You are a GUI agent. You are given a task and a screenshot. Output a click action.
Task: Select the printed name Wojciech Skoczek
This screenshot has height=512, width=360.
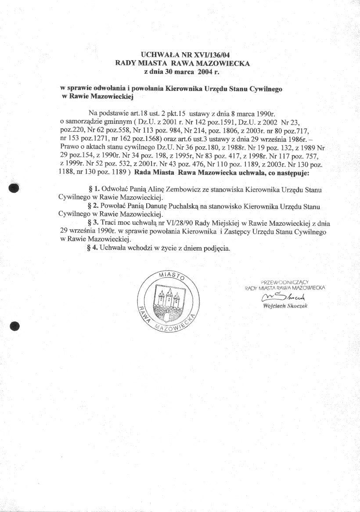point(285,306)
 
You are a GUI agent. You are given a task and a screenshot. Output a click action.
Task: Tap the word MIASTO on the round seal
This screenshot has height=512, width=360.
point(170,276)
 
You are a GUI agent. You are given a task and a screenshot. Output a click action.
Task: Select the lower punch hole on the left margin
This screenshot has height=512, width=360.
point(14,326)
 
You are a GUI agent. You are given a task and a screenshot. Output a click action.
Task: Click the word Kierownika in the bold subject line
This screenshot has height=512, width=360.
point(183,88)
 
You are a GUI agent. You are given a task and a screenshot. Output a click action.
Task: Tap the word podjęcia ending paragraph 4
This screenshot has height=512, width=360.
point(215,248)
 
